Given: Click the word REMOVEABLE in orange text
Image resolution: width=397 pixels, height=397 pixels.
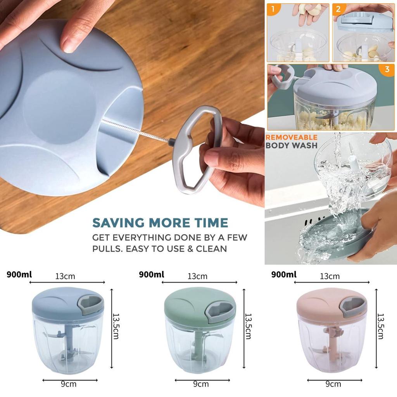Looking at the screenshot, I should pos(291,137).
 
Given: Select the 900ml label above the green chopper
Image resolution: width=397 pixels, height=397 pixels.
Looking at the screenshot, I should pos(151,274).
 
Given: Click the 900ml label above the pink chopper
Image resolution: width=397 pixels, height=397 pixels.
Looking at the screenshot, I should pos(284,274).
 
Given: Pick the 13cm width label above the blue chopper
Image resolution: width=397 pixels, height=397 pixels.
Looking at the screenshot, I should pos(65,276).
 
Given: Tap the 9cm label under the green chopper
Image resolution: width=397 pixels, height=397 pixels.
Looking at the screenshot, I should pos(200,384).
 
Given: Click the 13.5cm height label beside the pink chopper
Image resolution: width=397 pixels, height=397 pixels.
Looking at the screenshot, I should pos(381,326).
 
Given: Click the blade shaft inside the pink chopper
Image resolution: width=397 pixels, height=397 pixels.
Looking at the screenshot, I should pos(331,341).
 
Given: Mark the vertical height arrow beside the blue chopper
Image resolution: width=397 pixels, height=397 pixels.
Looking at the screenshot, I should pos(112,328).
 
